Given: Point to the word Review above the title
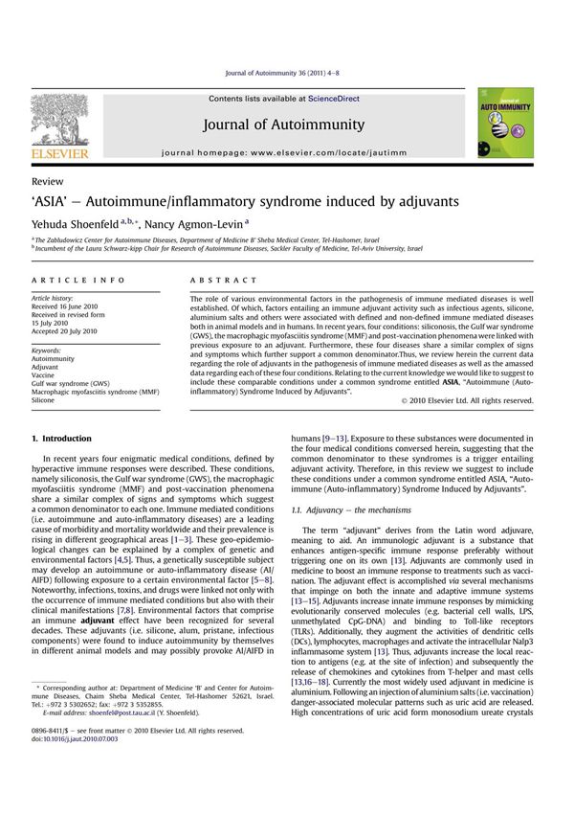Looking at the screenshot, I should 48,181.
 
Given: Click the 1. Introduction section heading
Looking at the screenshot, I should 62,438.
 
